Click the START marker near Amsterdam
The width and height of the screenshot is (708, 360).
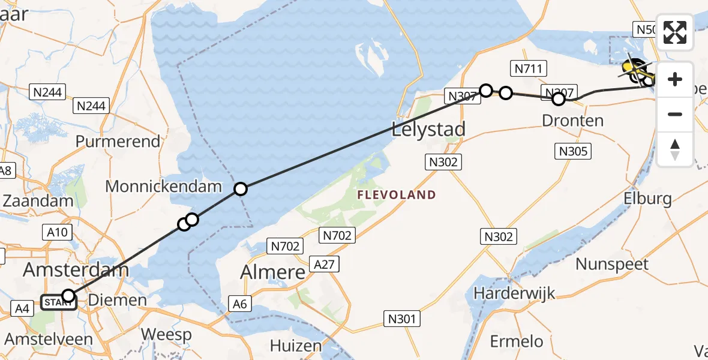click(58, 302)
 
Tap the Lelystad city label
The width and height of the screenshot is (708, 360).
click(428, 130)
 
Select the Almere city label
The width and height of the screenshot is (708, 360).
click(273, 272)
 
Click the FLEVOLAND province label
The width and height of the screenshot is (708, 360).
click(396, 194)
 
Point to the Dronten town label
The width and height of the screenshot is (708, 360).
click(572, 120)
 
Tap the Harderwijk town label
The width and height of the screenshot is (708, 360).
click(514, 293)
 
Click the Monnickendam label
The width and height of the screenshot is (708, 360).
click(164, 186)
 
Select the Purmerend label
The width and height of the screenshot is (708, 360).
click(118, 142)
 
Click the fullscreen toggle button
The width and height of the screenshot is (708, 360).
click(675, 32)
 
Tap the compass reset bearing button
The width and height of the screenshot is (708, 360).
click(675, 149)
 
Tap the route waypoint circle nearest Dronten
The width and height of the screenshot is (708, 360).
click(559, 98)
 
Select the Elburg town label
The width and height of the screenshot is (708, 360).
click(648, 198)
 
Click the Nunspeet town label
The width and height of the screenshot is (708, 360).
click(612, 264)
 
